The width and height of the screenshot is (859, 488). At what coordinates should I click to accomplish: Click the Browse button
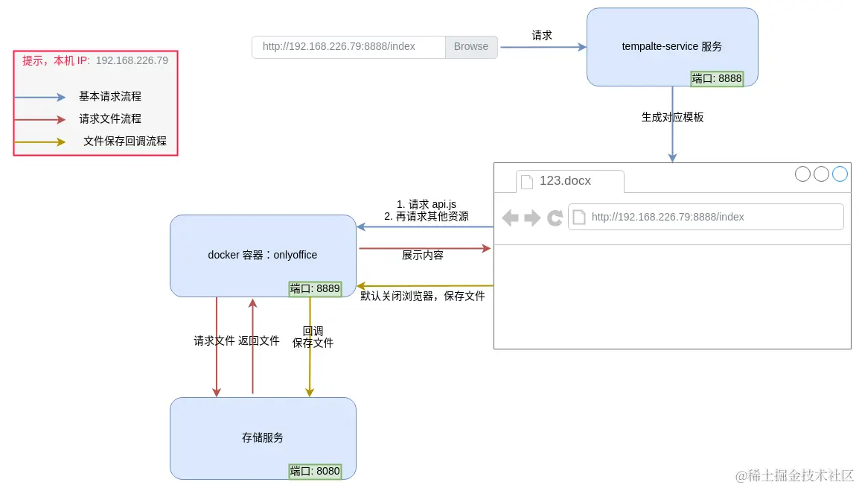[x=471, y=46]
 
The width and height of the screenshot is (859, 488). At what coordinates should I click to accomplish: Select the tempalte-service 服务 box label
[x=671, y=46]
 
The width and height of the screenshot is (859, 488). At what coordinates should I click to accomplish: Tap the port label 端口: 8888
[x=717, y=79]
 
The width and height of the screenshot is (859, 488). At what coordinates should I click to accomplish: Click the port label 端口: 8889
[x=315, y=289]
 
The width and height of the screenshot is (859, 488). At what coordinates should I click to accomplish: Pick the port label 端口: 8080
[x=315, y=471]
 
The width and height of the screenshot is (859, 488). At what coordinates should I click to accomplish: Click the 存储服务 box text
[x=263, y=437]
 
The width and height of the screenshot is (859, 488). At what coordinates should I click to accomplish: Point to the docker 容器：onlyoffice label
[x=263, y=255]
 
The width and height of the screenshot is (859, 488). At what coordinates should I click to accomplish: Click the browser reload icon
[x=555, y=218]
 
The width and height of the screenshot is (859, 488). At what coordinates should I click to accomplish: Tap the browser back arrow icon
[x=511, y=218]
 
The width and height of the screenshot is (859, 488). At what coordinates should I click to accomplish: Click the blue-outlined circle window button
[x=840, y=174]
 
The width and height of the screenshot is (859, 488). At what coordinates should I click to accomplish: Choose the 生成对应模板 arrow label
[x=672, y=117]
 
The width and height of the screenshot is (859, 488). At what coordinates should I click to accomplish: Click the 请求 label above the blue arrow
[x=542, y=35]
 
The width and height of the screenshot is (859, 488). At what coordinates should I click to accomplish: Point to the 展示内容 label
[x=423, y=255]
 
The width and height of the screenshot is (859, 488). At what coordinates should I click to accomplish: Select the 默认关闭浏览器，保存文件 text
[x=423, y=296]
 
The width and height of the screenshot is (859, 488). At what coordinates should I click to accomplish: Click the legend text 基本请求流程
[x=110, y=96]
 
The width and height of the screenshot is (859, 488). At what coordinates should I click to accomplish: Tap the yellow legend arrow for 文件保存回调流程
[x=40, y=142]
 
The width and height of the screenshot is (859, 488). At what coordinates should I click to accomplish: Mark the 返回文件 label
[x=259, y=340]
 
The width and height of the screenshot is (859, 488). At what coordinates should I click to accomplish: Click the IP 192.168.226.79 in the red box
[x=132, y=60]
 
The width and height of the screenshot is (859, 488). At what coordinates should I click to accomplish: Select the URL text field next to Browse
[x=348, y=46]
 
